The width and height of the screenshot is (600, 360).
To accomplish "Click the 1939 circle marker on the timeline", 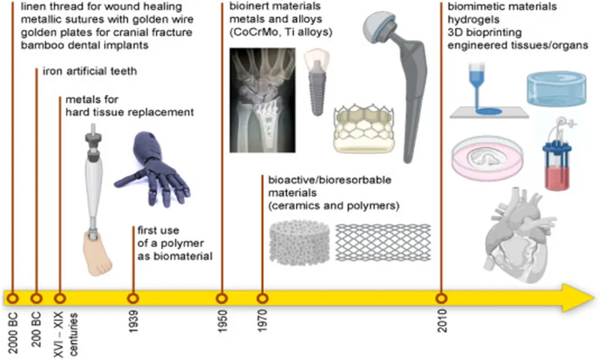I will [133, 297].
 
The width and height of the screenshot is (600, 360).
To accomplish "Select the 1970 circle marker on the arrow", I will [261, 297].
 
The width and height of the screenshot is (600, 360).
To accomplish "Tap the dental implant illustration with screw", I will [317, 81].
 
